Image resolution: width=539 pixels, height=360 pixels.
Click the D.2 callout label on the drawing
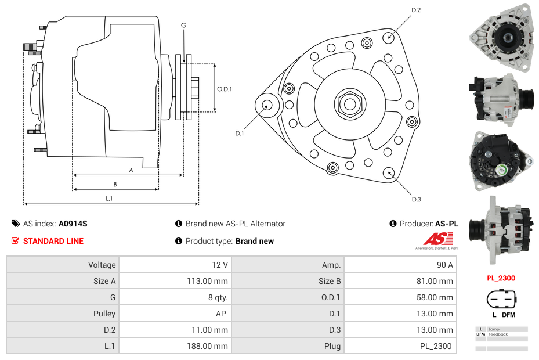416,10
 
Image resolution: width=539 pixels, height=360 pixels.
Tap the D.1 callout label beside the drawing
240,134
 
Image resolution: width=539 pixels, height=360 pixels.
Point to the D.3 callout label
416,199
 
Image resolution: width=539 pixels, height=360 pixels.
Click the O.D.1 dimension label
225,89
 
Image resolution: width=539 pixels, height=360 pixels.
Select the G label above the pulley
183,26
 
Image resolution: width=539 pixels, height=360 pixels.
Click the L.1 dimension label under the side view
108,199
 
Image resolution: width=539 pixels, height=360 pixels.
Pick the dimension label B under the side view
115,185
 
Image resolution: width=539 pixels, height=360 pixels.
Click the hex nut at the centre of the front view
349,104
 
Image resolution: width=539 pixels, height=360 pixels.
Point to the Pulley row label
104,314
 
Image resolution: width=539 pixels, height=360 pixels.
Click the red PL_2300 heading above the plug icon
501,278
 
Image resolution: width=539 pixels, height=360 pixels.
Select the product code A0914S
73,224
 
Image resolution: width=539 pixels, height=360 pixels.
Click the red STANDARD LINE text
53,241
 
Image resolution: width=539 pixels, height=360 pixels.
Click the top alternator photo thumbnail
500,38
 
